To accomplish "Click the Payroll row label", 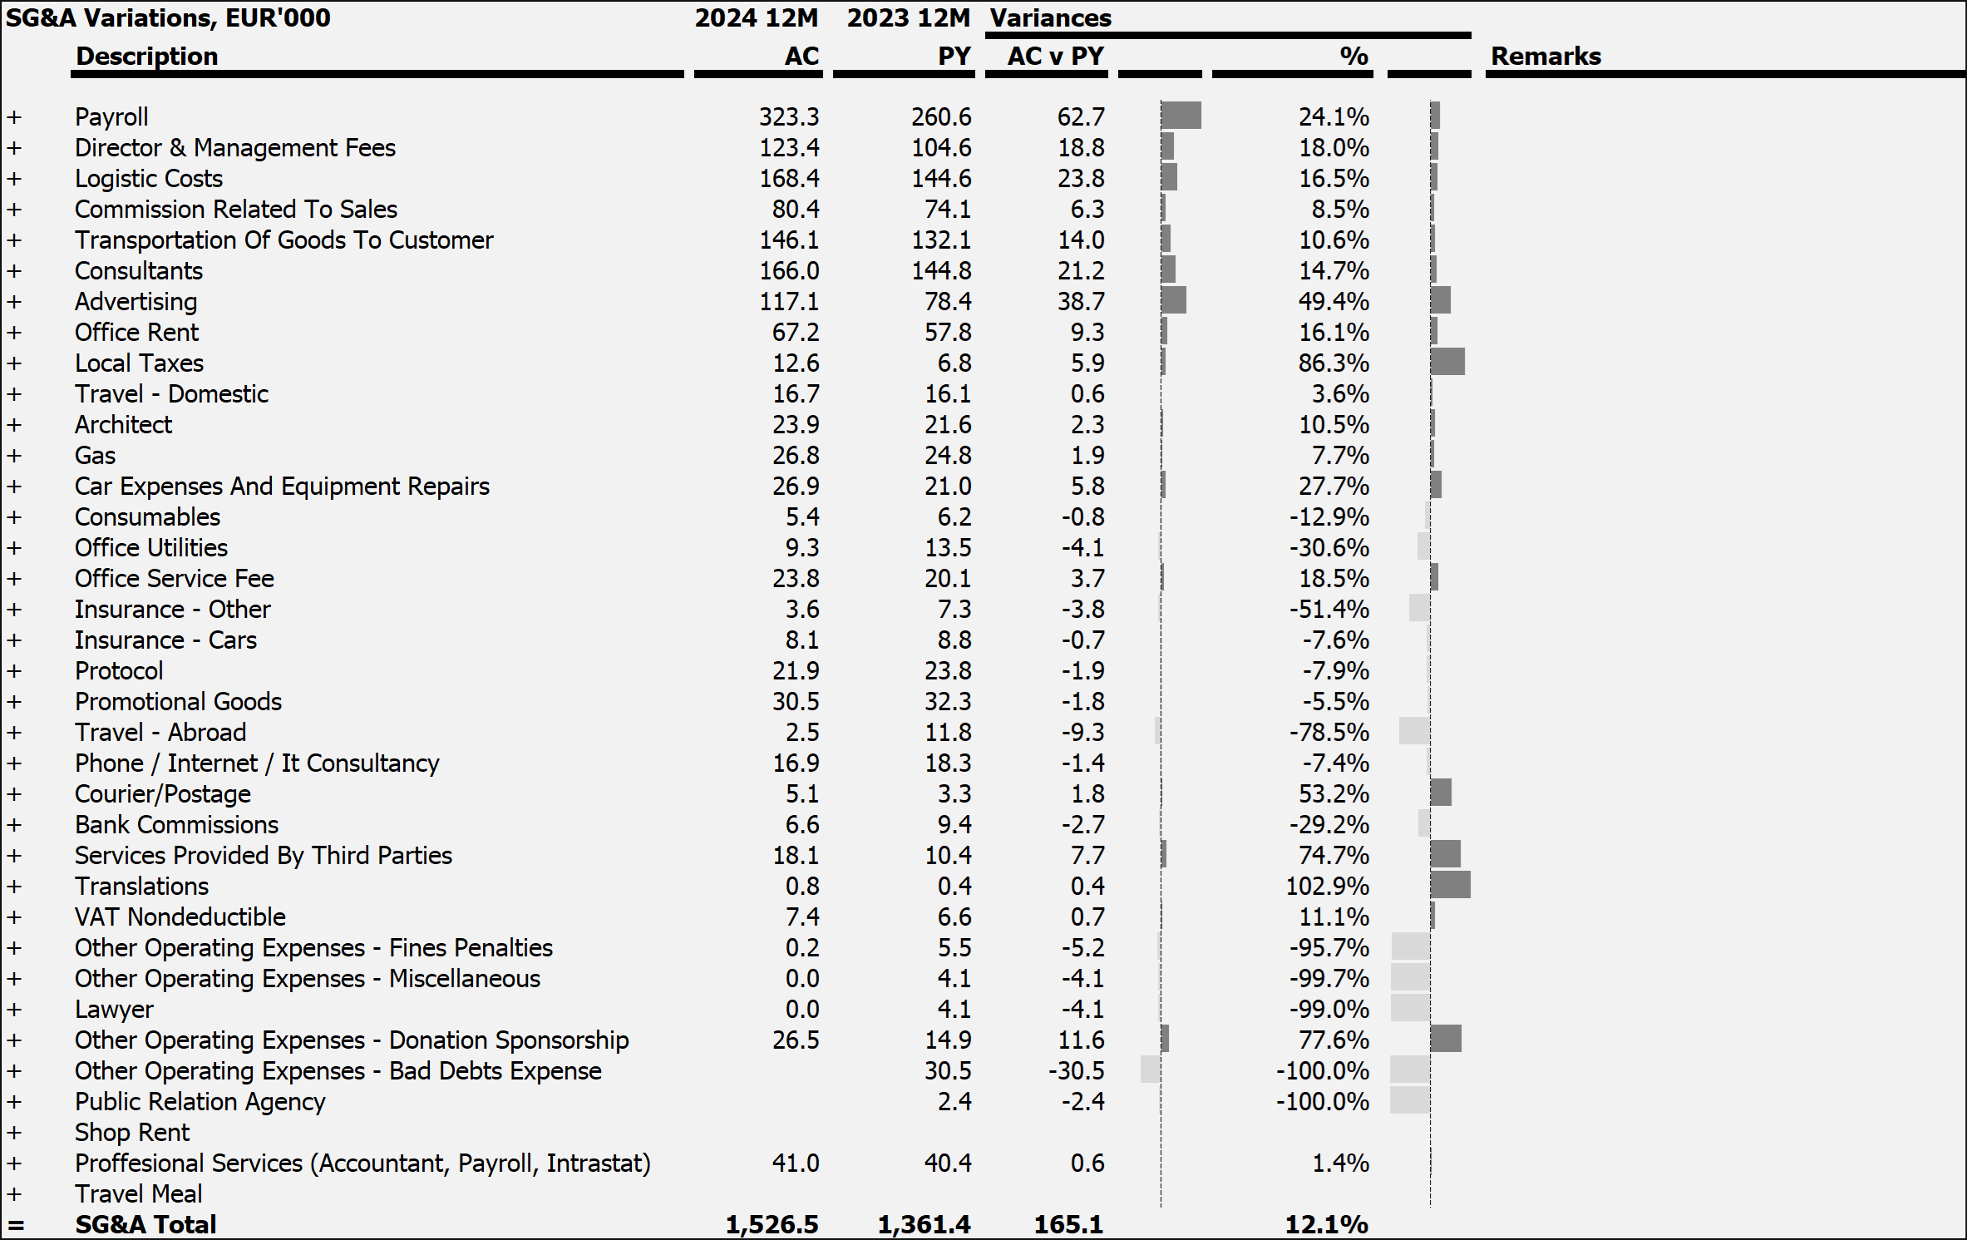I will pos(111,117).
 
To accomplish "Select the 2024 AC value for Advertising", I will pos(788,302).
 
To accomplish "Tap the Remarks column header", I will pos(1545,57).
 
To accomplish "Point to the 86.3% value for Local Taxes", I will pos(1334,363).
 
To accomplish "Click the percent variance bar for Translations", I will pos(1450,885).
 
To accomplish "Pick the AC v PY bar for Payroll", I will pos(1181,116).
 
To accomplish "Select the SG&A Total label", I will pos(145,1224).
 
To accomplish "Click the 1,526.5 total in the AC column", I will pos(772,1224).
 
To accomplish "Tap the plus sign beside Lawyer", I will pos(14,1010).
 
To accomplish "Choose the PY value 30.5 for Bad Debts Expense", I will pos(948,1071).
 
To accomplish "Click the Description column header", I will pos(147,57).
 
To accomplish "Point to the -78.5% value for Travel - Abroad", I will pos(1329,733).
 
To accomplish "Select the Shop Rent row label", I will pos(132,1133).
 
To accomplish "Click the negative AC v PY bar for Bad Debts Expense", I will pos(1151,1070).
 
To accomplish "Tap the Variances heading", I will pos(1051,18).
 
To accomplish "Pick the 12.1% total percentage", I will pos(1326,1224).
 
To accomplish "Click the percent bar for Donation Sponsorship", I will pos(1446,1039).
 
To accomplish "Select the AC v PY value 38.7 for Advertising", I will pos(1080,302).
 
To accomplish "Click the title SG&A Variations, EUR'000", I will pos(168,18).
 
